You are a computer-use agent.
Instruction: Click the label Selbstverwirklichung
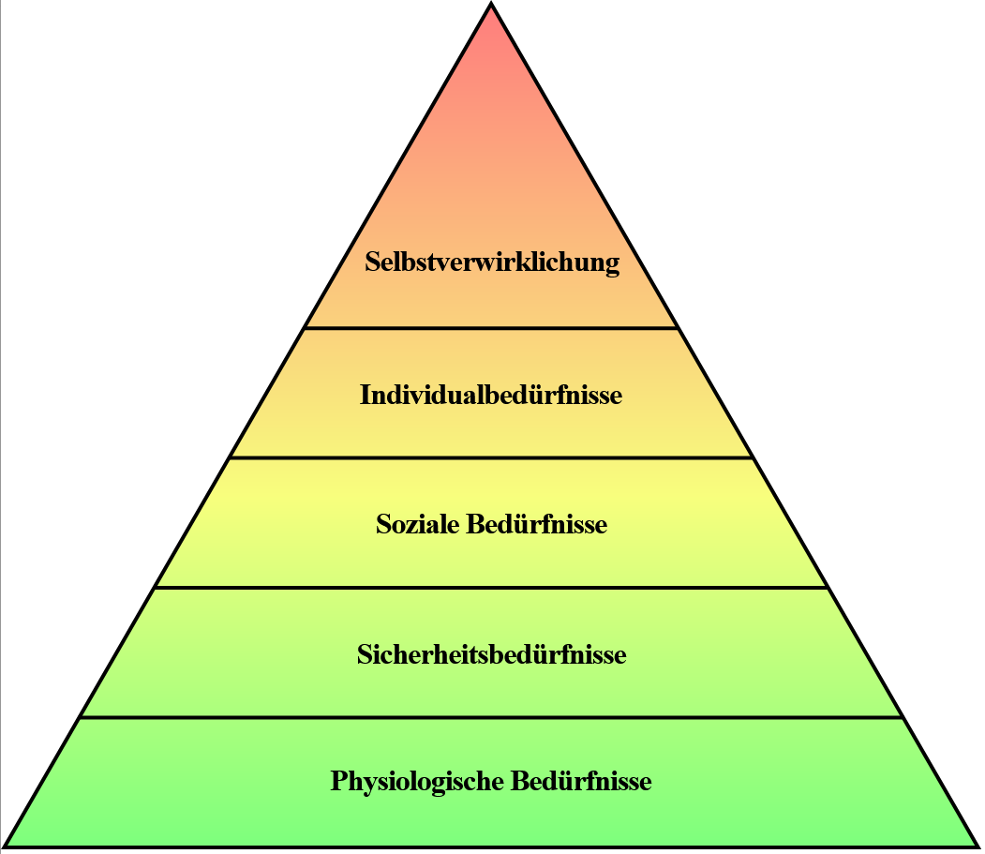(x=492, y=262)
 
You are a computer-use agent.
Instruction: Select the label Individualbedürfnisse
(x=490, y=396)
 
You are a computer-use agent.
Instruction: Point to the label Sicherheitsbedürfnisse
(x=491, y=654)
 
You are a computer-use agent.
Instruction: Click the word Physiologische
(x=417, y=782)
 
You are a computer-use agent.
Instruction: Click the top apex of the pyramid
(x=491, y=6)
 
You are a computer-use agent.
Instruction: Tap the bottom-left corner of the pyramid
(x=7, y=846)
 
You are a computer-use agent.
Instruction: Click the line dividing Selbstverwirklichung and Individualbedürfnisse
(x=491, y=328)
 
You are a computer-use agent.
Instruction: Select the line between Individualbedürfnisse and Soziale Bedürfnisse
(x=491, y=457)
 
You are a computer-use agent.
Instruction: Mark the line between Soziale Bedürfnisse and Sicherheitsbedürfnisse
(x=491, y=588)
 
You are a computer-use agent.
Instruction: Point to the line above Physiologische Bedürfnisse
(x=491, y=718)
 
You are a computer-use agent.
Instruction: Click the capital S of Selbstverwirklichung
(x=372, y=262)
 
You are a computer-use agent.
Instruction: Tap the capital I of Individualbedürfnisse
(x=365, y=395)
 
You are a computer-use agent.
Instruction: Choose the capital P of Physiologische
(x=338, y=780)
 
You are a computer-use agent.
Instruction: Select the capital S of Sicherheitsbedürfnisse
(x=364, y=653)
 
